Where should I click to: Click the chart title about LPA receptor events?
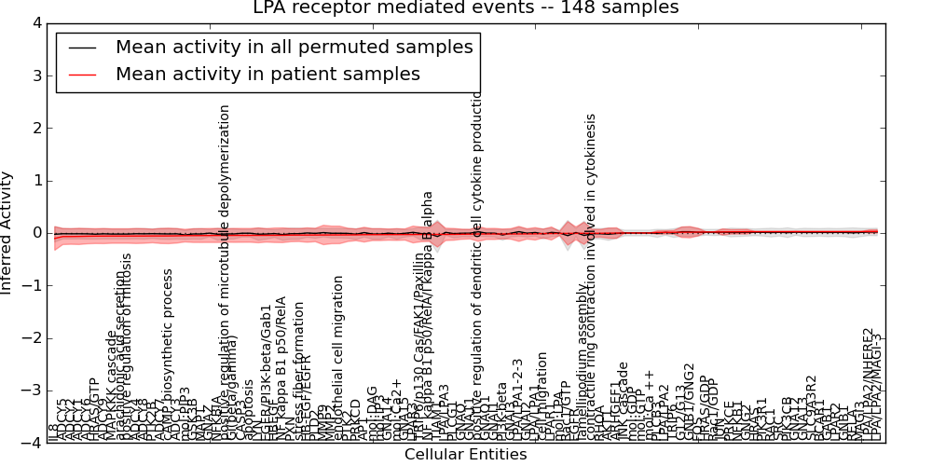click(466, 8)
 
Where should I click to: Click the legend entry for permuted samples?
click(294, 48)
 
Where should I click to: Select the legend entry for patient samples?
click(267, 75)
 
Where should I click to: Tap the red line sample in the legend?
click(82, 75)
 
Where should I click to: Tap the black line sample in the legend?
click(82, 48)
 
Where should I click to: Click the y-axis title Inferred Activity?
click(8, 233)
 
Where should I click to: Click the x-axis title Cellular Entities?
click(466, 455)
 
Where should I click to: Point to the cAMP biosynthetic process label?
click(169, 354)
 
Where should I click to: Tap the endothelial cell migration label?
click(339, 359)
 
